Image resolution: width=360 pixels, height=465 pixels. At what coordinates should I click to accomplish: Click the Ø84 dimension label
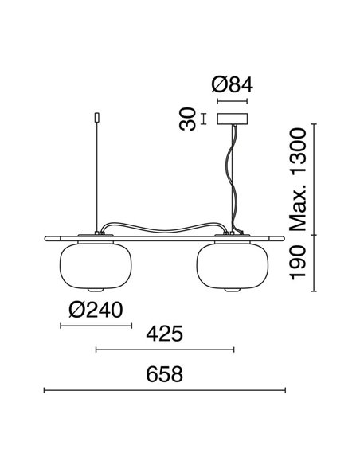pos(232,84)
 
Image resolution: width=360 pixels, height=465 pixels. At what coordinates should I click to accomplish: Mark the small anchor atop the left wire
pos(96,117)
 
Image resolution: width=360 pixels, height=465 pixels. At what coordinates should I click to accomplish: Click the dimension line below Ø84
pos(232,102)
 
